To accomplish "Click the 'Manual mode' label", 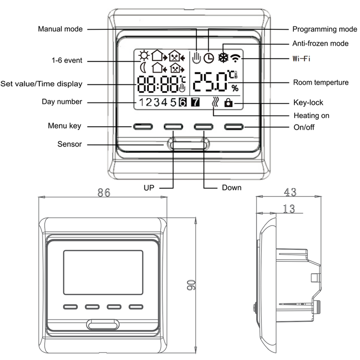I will (60, 29).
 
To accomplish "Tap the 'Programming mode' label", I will (324, 29).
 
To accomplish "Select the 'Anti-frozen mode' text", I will (320, 44).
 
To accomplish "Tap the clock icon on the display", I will (208, 58).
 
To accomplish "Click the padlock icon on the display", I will (229, 103).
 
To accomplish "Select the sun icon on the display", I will (144, 55).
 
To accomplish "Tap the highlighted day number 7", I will (195, 102).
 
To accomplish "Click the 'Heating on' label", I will (311, 116).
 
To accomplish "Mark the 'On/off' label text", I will (304, 127).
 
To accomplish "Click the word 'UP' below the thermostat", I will (148, 187).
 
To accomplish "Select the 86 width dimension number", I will (104, 193).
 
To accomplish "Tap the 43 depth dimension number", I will (290, 192).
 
